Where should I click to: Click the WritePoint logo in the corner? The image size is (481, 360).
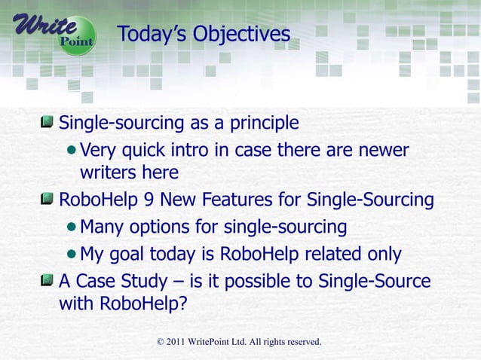point(53,31)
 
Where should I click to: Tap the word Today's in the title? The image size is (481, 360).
point(152,35)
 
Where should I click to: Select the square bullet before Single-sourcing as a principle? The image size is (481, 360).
point(48,122)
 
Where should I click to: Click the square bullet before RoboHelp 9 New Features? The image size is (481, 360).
point(48,200)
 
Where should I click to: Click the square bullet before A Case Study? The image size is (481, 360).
point(48,281)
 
